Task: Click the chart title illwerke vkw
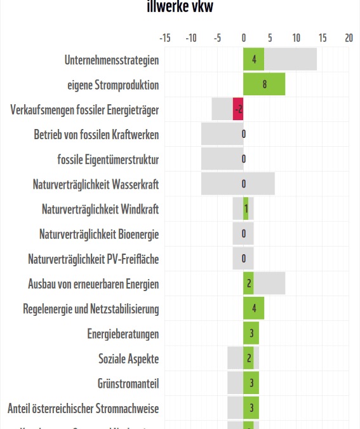coord(180,7)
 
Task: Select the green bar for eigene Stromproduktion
coord(264,85)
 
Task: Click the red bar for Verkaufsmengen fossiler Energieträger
coord(238,109)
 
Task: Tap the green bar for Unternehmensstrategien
coord(253,60)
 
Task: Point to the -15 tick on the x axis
coord(164,38)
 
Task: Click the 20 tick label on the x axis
coord(349,38)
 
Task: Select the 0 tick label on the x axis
coord(244,38)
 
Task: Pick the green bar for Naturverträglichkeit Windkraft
coord(246,208)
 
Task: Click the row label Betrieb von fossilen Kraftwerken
coord(97,134)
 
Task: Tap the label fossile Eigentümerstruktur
coord(108,159)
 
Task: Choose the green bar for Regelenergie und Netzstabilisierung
coord(253,308)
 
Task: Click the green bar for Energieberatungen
coord(251,333)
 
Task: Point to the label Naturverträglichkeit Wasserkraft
coord(96,184)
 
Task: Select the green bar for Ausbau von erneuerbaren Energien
coord(248,283)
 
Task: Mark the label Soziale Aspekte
coord(128,358)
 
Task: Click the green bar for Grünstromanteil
coord(251,383)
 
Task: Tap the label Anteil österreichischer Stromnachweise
coord(83,408)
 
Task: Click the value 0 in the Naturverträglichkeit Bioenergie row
coord(244,234)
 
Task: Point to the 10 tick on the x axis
coord(296,38)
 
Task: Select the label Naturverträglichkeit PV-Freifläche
coord(93,259)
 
